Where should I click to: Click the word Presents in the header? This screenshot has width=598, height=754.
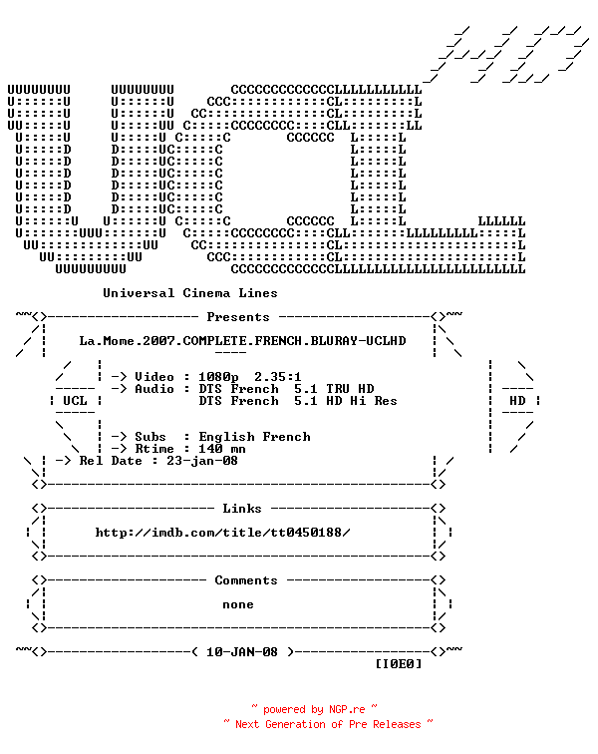click(x=238, y=317)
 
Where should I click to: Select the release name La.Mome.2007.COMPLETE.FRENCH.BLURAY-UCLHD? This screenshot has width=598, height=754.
click(x=243, y=341)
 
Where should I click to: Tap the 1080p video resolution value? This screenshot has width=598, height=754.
click(x=218, y=377)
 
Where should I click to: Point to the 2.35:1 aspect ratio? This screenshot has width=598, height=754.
click(x=278, y=377)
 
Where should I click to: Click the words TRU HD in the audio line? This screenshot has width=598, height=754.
click(x=350, y=389)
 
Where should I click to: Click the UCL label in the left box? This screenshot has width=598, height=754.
click(x=75, y=401)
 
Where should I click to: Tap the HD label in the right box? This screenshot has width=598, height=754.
click(x=517, y=401)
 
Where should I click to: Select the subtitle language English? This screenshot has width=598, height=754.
click(x=227, y=437)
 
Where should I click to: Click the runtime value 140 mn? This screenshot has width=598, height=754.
click(x=222, y=449)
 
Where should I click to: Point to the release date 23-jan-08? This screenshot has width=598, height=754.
click(x=202, y=461)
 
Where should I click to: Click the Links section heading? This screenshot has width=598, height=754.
click(x=242, y=509)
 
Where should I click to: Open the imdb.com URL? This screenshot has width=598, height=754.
click(x=222, y=533)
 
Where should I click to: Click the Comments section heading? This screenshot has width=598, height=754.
click(x=246, y=580)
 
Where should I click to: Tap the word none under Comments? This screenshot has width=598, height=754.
click(x=238, y=605)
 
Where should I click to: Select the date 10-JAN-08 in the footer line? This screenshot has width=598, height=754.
click(x=242, y=652)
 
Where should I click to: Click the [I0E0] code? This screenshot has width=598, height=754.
click(x=399, y=664)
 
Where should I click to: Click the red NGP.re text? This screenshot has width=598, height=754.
click(x=347, y=710)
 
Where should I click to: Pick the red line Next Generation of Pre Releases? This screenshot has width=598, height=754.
click(x=328, y=725)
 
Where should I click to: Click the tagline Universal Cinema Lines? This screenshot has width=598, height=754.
click(x=190, y=293)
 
